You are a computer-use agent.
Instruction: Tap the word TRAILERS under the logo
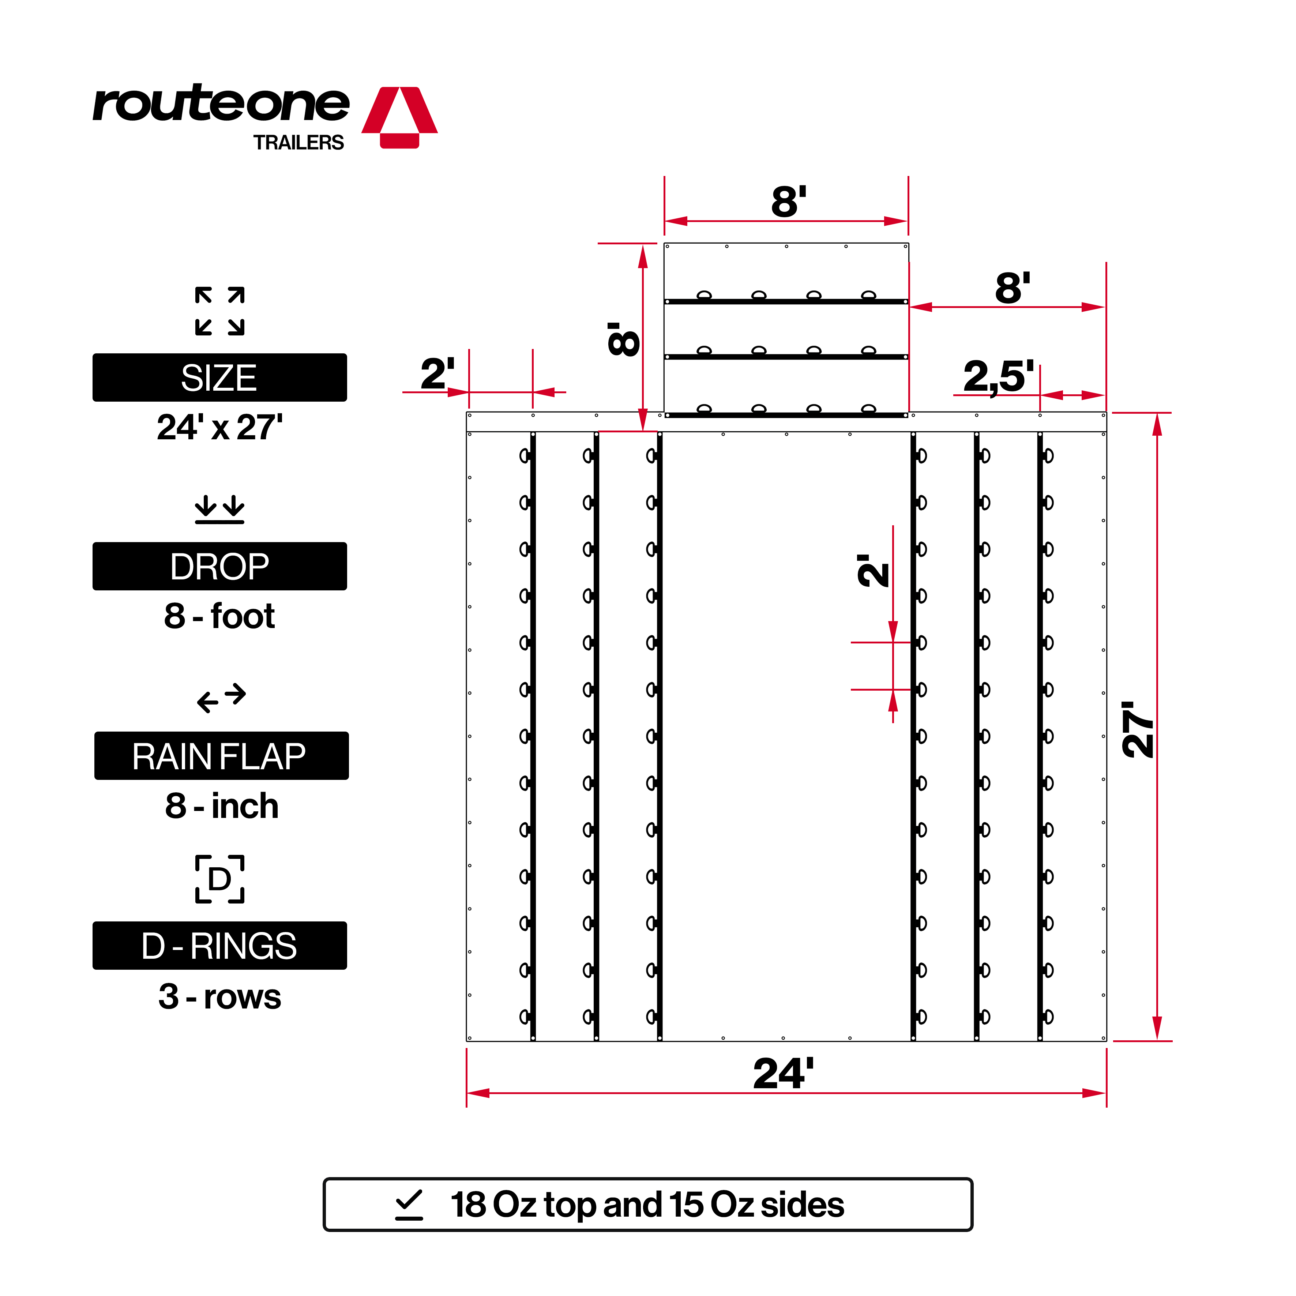point(298,143)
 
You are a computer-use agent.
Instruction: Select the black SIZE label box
point(219,377)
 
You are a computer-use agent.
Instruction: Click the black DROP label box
point(219,566)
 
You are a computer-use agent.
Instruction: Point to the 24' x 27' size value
point(219,427)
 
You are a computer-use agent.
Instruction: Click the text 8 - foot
point(219,616)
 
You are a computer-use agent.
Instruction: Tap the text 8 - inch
point(221,805)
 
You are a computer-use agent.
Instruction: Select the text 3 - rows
point(219,996)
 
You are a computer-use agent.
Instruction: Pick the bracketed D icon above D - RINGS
point(219,879)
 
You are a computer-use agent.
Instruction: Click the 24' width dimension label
point(783,1074)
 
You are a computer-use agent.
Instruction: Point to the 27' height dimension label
point(1138,730)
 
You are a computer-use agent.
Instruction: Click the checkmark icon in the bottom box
point(409,1205)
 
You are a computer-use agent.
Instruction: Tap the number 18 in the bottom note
point(468,1205)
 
